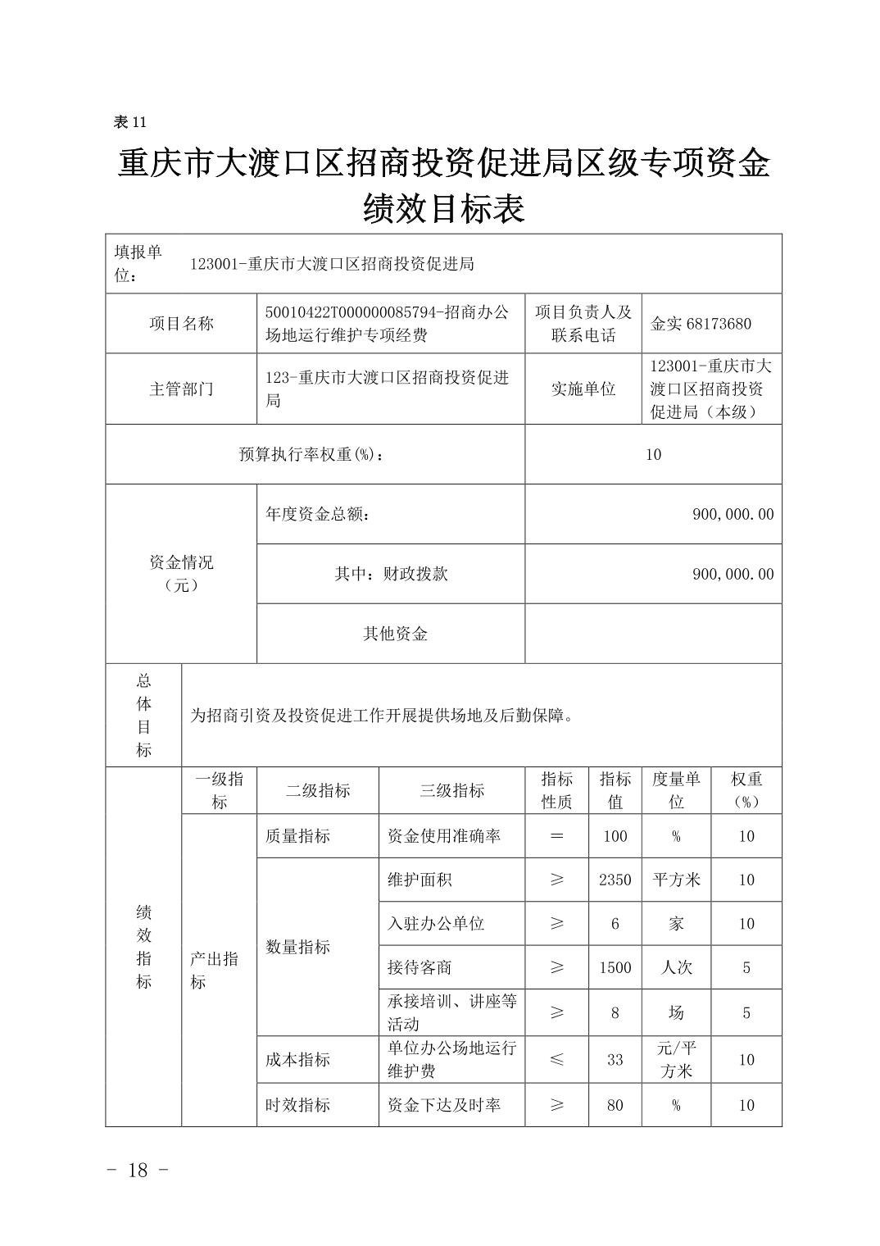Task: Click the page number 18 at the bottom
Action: (138, 1170)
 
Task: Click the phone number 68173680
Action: (720, 323)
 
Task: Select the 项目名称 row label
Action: (180, 323)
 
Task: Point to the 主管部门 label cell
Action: (180, 389)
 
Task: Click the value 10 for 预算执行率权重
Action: (652, 454)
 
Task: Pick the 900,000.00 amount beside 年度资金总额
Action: (733, 514)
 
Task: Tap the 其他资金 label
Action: (395, 634)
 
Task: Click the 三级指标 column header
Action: (451, 790)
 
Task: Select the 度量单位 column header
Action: (675, 790)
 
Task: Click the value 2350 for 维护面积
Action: (615, 880)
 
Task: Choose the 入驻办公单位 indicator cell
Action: (436, 923)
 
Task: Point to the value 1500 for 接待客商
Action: (615, 967)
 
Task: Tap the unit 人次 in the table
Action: (675, 967)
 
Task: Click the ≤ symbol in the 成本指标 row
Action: (556, 1059)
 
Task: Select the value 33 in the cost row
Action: (615, 1059)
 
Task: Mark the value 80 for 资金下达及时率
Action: (615, 1105)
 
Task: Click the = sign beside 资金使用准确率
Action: (556, 836)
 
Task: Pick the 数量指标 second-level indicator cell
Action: (298, 947)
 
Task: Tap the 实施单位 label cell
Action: (583, 389)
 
